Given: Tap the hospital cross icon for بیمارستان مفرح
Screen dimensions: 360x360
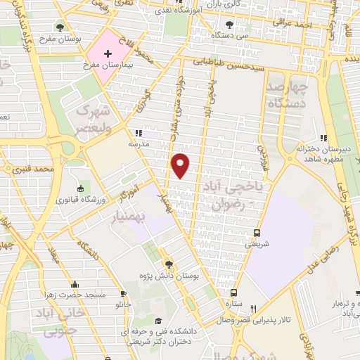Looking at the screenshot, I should (x=107, y=53).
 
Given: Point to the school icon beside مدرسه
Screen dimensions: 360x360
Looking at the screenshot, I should (x=139, y=132).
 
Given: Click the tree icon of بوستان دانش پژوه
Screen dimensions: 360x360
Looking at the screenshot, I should (x=168, y=264).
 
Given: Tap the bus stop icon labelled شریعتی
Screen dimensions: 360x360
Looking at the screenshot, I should (x=256, y=233).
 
